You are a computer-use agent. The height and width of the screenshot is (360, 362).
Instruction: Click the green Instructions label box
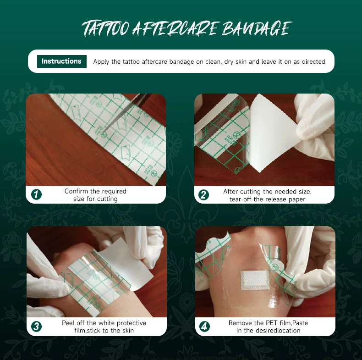(x=61, y=61)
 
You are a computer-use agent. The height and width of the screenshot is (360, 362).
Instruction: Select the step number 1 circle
(x=36, y=194)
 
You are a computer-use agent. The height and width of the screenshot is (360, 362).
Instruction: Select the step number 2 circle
(x=204, y=194)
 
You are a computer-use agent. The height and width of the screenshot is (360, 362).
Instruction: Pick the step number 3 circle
(x=36, y=327)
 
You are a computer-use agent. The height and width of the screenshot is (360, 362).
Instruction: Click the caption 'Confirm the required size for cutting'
(x=95, y=195)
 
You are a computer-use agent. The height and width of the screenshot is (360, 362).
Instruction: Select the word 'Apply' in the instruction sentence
(x=101, y=61)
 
